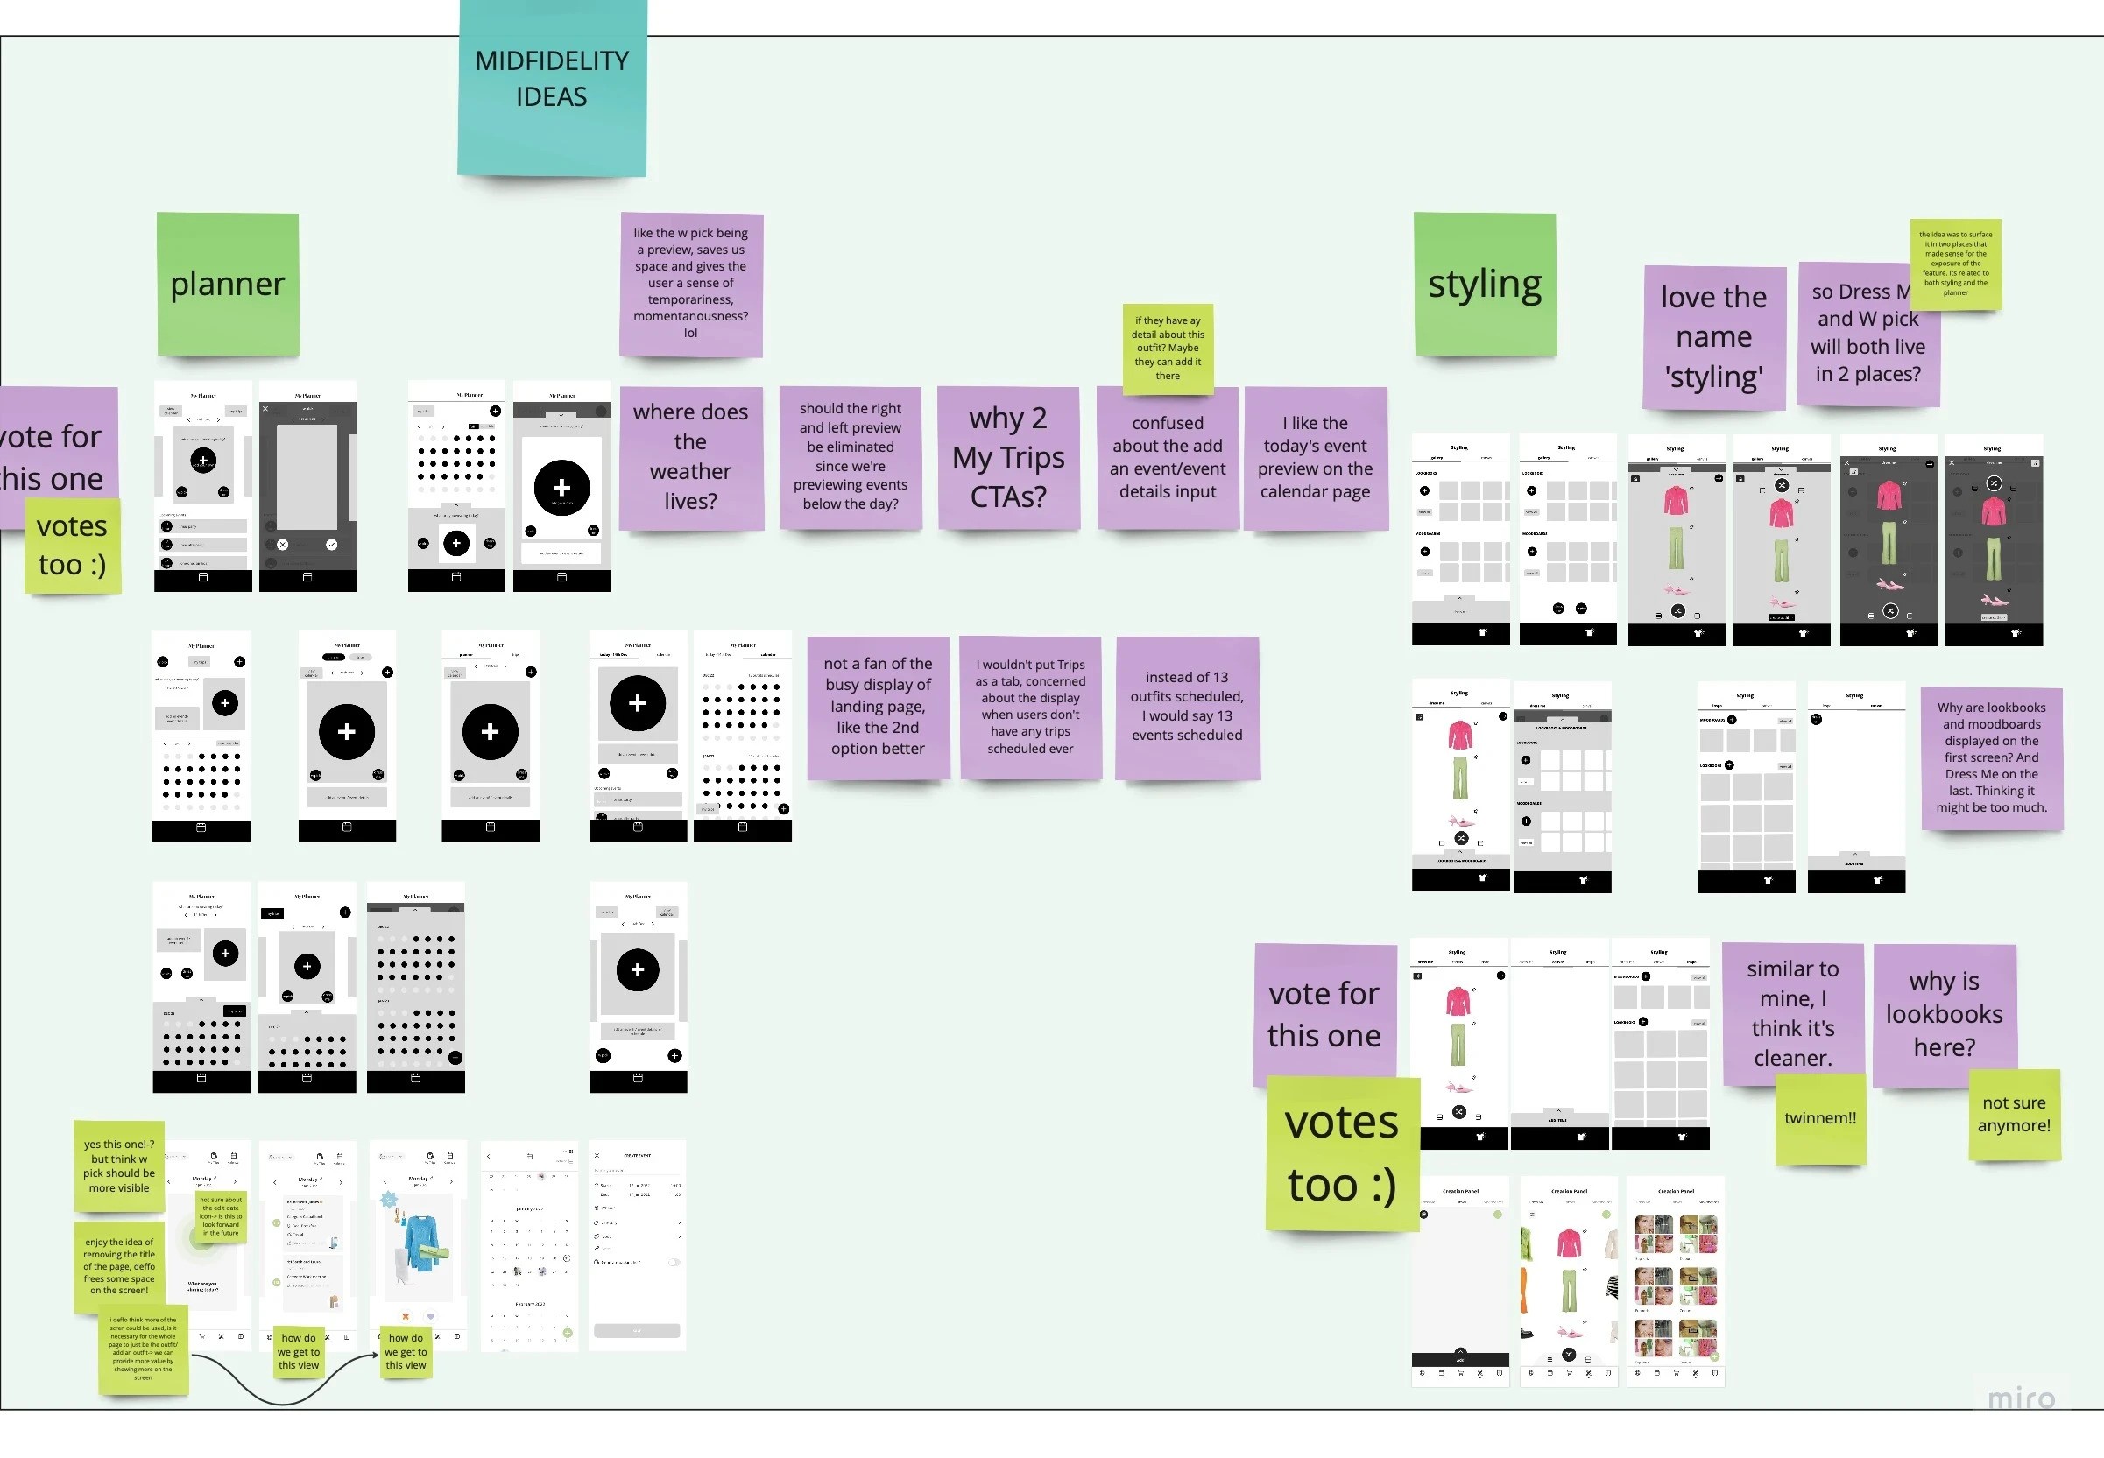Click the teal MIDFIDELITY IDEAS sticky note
(552, 87)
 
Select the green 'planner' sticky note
(228, 284)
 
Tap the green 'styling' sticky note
(1485, 284)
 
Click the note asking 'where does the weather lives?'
(689, 457)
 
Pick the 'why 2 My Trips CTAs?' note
(1007, 457)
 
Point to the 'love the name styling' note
(1713, 337)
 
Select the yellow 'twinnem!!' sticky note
(1820, 1118)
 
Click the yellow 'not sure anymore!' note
(2014, 1114)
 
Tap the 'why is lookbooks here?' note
(1944, 1014)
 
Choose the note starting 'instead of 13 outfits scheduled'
(1187, 707)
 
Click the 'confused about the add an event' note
(1168, 457)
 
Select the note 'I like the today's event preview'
(1315, 457)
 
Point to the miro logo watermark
(2021, 1398)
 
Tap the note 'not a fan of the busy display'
(877, 707)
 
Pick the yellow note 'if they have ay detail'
(1168, 348)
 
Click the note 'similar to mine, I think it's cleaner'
(1792, 1014)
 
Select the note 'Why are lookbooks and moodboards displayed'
(1991, 757)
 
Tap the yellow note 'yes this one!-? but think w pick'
(119, 1166)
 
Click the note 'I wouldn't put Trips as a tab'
(1029, 707)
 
